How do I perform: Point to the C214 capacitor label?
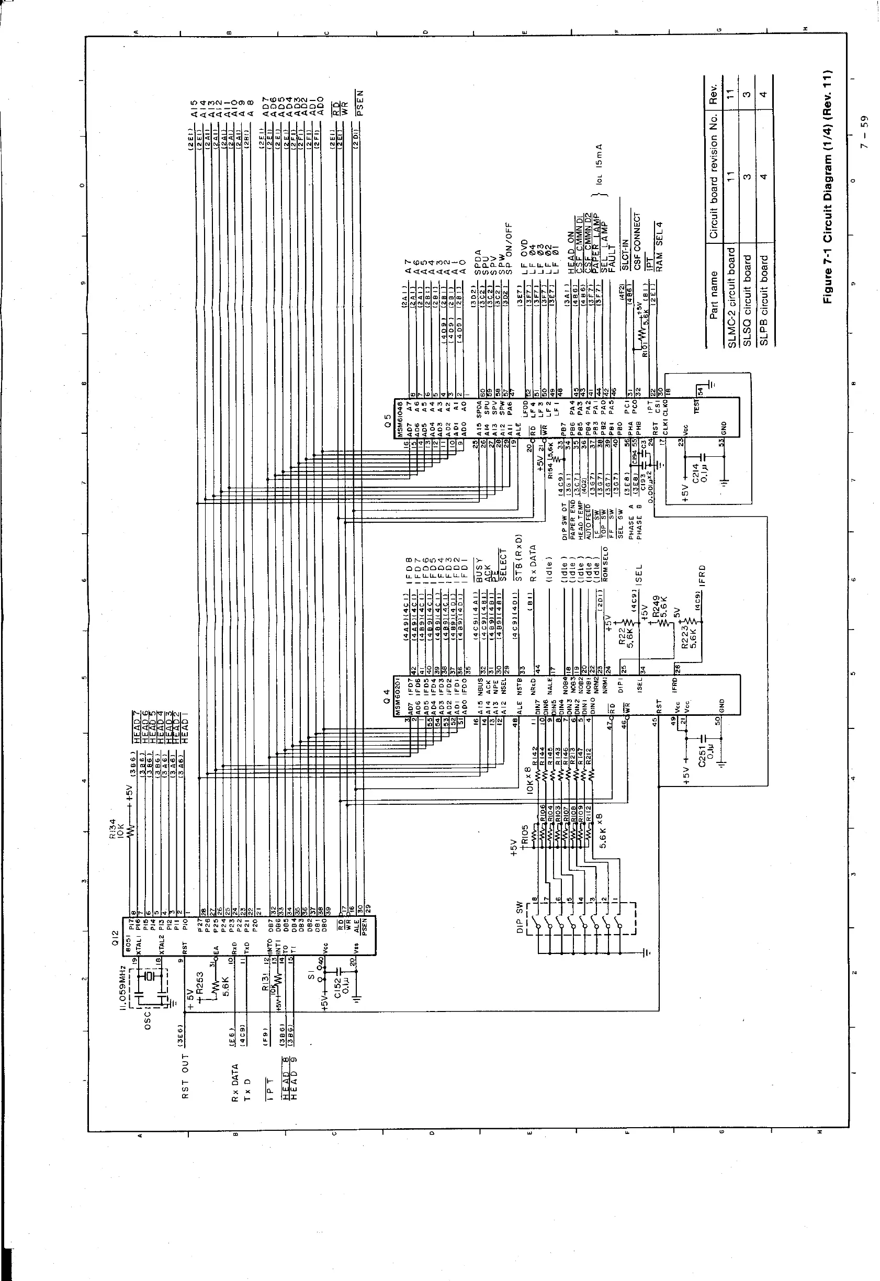696,473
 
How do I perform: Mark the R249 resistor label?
657,607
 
